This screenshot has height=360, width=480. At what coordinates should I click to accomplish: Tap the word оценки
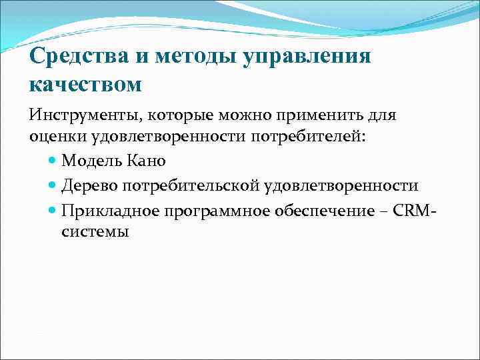(54, 137)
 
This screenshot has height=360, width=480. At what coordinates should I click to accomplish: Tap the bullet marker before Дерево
(53, 185)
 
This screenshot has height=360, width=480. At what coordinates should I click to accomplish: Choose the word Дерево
(89, 185)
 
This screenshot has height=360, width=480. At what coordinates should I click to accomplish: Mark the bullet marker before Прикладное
(53, 210)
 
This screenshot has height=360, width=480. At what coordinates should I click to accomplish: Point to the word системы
(95, 231)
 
